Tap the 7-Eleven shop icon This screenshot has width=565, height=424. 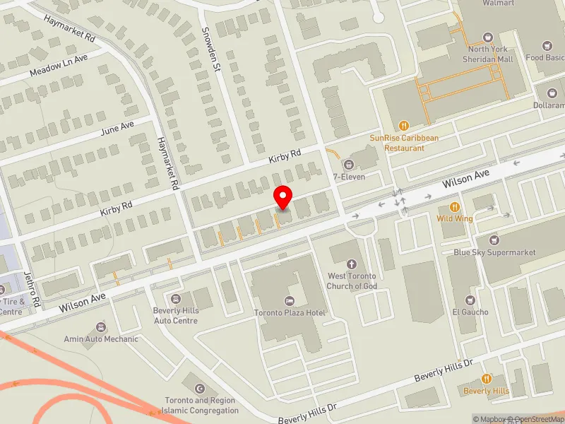[348, 164]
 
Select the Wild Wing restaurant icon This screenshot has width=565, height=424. [455, 207]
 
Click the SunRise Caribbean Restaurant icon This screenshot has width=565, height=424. [404, 125]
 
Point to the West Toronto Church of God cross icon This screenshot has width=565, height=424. [351, 264]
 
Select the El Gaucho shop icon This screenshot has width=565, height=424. [470, 300]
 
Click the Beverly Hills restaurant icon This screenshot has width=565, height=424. [486, 379]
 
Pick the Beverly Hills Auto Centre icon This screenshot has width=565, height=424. [176, 298]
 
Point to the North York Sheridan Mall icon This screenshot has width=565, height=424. [487, 37]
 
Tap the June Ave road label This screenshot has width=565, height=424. [117, 127]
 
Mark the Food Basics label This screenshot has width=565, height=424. [544, 58]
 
